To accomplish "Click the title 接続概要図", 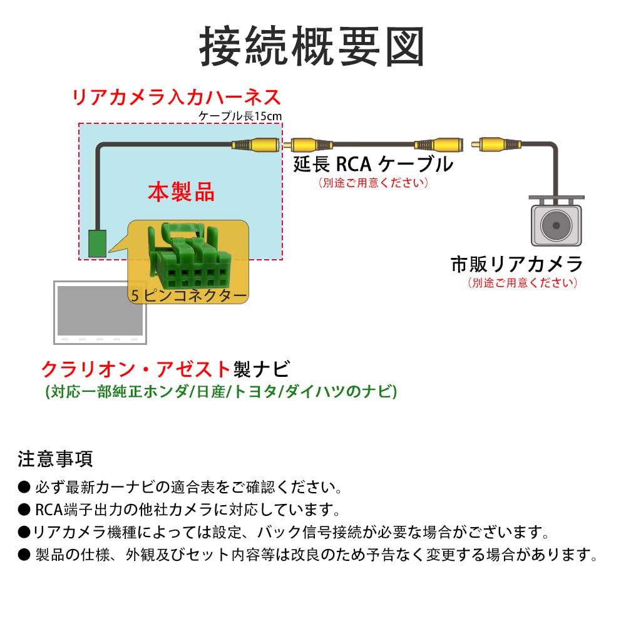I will pyautogui.click(x=312, y=46).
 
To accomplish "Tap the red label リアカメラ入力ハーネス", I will pyautogui.click(x=177, y=98).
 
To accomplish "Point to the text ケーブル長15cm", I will pyautogui.click(x=240, y=116).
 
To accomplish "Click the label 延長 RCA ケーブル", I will pyautogui.click(x=373, y=165).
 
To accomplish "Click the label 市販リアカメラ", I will pyautogui.click(x=516, y=264).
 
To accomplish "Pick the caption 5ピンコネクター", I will pyautogui.click(x=188, y=295).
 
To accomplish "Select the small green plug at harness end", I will pyautogui.click(x=96, y=244).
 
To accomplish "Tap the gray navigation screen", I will pyautogui.click(x=100, y=311).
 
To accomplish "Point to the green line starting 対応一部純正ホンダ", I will pyautogui.click(x=221, y=392).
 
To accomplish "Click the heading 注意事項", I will pyautogui.click(x=55, y=459).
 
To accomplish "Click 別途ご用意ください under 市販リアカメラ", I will pyautogui.click(x=522, y=282).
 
